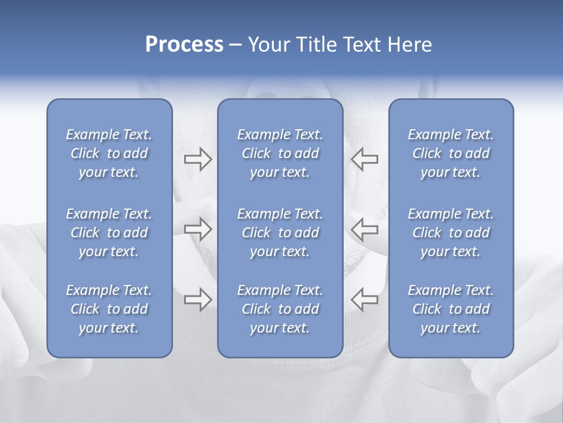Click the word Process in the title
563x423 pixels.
(x=184, y=45)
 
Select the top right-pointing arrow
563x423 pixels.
(x=198, y=159)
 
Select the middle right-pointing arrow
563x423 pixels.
(x=198, y=229)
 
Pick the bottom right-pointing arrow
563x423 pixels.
(x=198, y=300)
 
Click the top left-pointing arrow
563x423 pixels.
(x=365, y=159)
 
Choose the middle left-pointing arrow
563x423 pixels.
(x=365, y=229)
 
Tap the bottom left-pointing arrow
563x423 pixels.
(x=365, y=300)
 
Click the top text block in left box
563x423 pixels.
(x=109, y=153)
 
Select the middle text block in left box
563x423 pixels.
(x=109, y=233)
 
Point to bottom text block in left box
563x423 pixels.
(x=109, y=309)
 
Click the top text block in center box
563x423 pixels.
(x=280, y=153)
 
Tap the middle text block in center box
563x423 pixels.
(x=280, y=233)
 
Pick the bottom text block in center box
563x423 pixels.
(x=280, y=309)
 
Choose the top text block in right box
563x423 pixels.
(x=451, y=153)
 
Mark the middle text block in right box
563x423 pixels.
(x=451, y=233)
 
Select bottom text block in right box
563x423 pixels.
(x=451, y=309)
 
